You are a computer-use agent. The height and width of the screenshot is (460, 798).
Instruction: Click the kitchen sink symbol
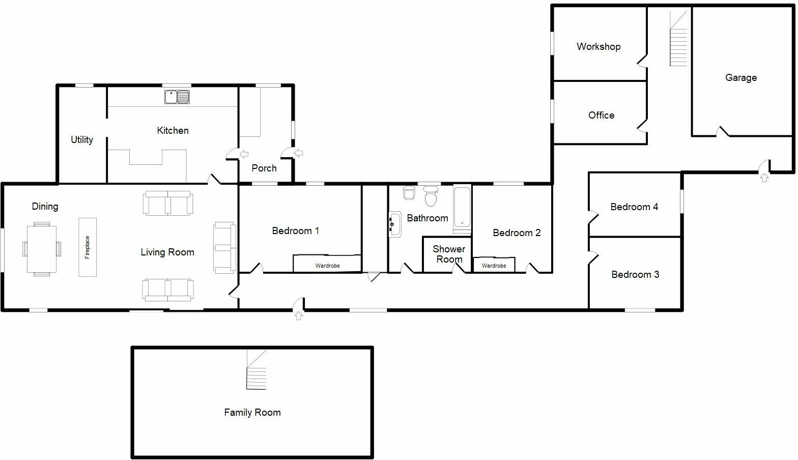click(177, 97)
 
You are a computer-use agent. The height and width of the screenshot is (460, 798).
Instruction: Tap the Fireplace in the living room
click(88, 247)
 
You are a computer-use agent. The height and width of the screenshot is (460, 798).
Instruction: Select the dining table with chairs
click(42, 249)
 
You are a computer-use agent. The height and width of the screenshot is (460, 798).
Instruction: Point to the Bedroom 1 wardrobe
click(327, 264)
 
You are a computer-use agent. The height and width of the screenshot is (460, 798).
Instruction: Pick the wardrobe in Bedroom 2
click(494, 265)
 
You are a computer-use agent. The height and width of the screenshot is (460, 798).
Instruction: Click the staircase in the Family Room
click(256, 370)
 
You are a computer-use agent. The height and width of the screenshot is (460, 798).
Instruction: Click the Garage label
click(740, 78)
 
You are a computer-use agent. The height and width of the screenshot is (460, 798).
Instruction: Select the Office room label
click(601, 116)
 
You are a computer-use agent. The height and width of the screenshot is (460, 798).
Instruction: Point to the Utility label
click(82, 140)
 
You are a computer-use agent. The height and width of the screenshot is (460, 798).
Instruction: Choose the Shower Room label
click(449, 254)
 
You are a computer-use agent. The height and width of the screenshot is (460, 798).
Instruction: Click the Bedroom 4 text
click(634, 207)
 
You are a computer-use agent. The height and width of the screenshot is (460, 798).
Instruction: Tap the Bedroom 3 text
click(635, 275)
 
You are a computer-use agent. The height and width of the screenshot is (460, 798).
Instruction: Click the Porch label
click(264, 168)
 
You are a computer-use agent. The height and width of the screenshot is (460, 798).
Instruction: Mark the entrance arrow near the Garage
click(764, 177)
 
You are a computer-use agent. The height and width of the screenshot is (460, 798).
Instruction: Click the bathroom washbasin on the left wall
click(395, 224)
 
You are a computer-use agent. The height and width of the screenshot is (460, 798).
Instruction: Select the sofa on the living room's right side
click(224, 247)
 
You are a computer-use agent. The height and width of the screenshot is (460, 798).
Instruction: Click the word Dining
click(45, 207)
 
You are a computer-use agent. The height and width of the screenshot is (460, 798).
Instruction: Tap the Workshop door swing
click(643, 61)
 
